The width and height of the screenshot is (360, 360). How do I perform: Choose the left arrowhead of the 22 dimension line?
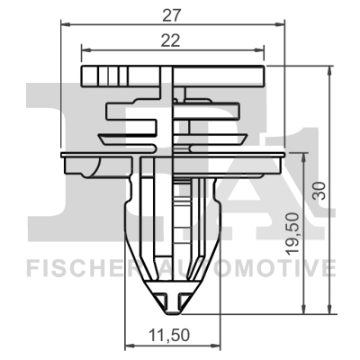point(85,49)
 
